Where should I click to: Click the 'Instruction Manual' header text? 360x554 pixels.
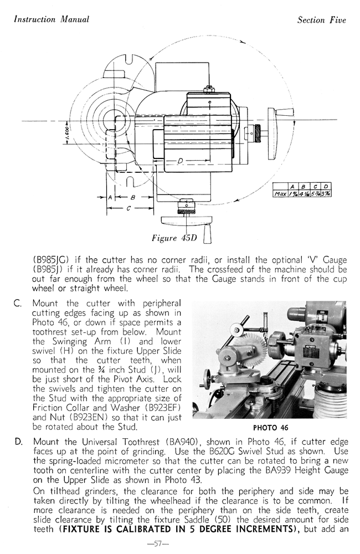point(51,19)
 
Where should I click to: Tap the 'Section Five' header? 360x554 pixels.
point(321,20)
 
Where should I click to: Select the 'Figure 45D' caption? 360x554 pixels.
point(174,238)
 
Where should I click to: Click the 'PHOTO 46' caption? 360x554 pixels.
point(270,428)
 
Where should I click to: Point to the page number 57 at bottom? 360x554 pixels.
point(158,543)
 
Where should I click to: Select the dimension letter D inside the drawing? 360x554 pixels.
point(181,161)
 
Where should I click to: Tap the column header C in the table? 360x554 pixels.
point(315,186)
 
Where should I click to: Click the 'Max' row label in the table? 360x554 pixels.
point(282,194)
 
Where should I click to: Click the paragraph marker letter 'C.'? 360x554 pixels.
point(18,303)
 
